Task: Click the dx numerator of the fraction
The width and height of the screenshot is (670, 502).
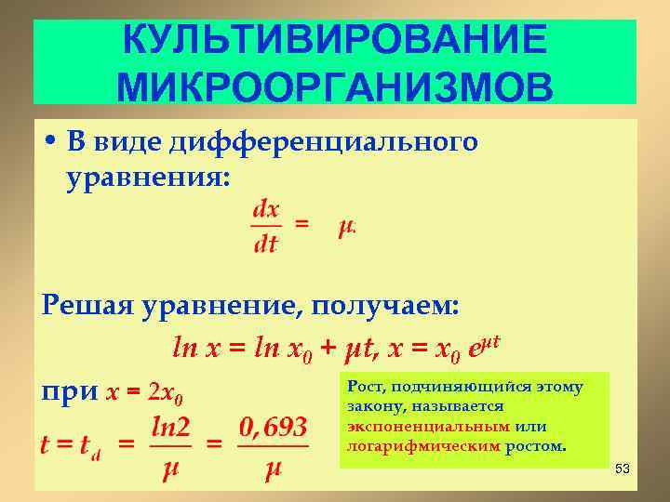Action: pyautogui.click(x=266, y=209)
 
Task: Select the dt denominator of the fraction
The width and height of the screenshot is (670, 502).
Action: pyautogui.click(x=266, y=245)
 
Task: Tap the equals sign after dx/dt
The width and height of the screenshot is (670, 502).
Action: pyautogui.click(x=302, y=224)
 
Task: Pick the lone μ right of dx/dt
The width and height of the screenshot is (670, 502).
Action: pyautogui.click(x=347, y=227)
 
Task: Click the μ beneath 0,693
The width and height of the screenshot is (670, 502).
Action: pyautogui.click(x=271, y=470)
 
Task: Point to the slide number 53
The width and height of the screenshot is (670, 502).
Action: pyautogui.click(x=623, y=469)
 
